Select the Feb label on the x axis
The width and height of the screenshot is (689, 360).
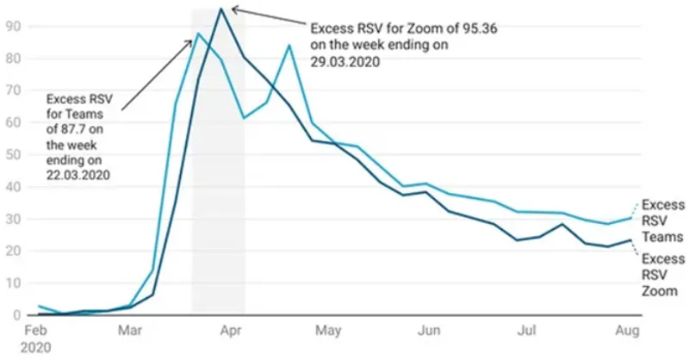click(x=37, y=331)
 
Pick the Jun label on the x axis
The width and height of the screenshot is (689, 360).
click(x=429, y=331)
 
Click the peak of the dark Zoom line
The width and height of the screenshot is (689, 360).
click(x=221, y=9)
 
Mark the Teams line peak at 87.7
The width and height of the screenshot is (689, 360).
click(x=198, y=34)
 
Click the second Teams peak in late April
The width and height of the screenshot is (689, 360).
click(x=289, y=45)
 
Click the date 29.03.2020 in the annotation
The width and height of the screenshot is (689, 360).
click(x=346, y=62)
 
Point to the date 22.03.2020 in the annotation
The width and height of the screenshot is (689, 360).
click(x=78, y=175)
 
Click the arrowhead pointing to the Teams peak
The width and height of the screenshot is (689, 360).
click(x=192, y=40)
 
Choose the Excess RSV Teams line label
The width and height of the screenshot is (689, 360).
click(x=662, y=221)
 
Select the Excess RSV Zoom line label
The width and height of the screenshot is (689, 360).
click(x=662, y=275)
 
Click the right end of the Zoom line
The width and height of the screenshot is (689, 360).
click(x=633, y=240)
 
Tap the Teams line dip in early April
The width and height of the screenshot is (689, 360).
click(x=244, y=117)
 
